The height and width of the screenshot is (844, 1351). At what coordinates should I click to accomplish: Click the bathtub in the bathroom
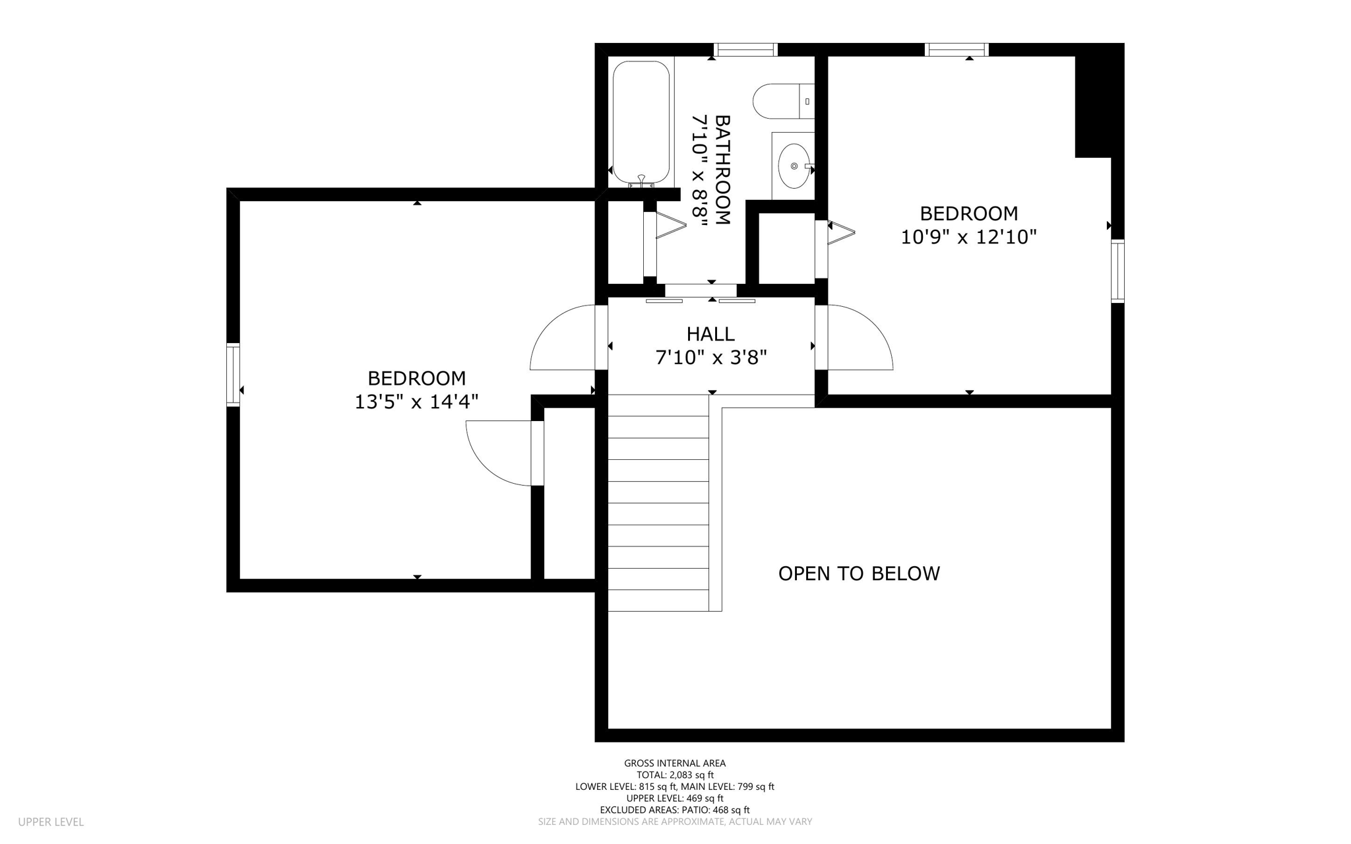(x=641, y=122)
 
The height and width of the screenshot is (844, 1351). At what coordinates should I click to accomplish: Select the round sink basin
(x=794, y=166)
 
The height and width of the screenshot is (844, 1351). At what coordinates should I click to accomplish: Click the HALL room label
(x=710, y=334)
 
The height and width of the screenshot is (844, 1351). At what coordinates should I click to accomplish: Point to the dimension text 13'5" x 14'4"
(x=416, y=401)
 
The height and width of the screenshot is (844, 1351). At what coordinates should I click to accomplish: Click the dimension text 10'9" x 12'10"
(x=968, y=237)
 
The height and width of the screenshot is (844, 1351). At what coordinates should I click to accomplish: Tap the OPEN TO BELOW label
(x=859, y=573)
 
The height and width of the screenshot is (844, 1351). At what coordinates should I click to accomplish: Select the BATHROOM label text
(x=723, y=170)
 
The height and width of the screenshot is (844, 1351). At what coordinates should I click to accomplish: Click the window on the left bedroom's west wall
(x=233, y=374)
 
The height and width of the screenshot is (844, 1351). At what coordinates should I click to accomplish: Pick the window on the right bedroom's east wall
(x=1117, y=271)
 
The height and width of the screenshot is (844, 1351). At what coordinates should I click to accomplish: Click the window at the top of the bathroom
(x=746, y=49)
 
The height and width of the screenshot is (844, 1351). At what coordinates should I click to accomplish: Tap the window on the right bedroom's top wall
(x=957, y=49)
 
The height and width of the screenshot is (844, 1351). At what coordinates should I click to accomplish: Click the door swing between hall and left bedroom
(x=561, y=340)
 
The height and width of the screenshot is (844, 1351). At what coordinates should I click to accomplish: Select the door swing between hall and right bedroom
(x=858, y=340)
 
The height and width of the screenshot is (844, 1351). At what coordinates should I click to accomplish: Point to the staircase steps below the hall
(x=658, y=502)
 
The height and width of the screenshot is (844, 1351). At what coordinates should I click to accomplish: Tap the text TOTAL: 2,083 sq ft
(x=675, y=775)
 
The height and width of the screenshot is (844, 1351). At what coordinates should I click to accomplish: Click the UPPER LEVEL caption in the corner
(x=51, y=822)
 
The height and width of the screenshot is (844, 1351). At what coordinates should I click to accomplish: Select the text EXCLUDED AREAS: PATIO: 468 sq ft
(x=675, y=810)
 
